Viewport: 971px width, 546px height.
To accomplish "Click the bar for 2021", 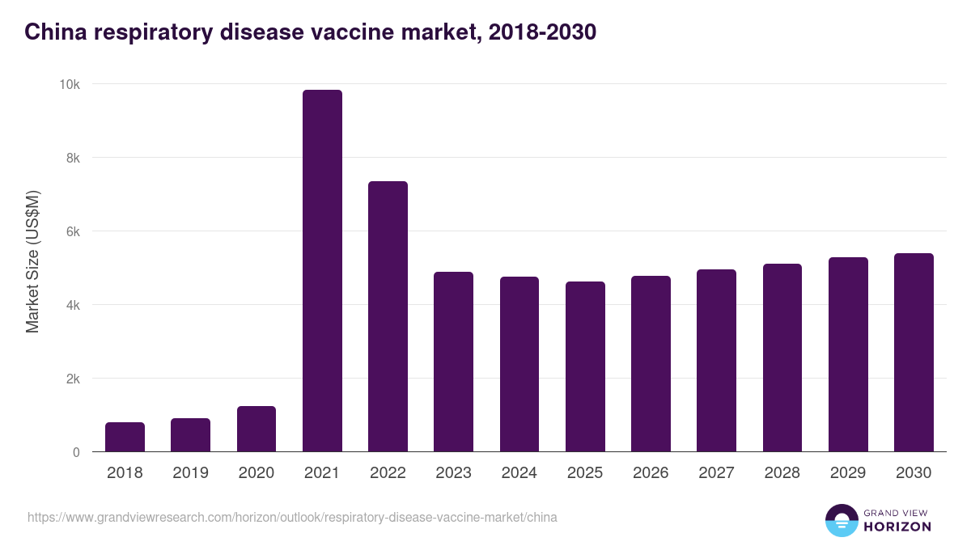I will tap(322, 271).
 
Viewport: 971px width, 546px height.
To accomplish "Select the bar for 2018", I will tap(125, 437).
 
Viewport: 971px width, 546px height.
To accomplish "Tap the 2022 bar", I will tap(388, 316).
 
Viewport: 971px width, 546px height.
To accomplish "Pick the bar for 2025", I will tap(585, 366).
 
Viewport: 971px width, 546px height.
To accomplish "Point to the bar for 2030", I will tap(914, 353).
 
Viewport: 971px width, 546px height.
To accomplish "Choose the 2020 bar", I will tap(257, 429).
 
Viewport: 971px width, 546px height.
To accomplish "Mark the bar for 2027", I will tap(716, 361).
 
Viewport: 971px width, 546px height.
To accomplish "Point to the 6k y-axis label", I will tap(73, 231).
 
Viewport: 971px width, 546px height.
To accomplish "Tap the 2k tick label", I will tap(73, 379).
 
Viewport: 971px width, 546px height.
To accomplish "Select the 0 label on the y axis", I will tap(76, 452).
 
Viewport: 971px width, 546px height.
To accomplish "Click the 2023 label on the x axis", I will tap(453, 473).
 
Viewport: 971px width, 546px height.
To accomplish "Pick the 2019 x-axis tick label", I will tap(191, 473).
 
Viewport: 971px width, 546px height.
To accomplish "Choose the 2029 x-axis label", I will tap(848, 473).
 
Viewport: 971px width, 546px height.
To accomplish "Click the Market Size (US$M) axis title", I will tap(32, 260).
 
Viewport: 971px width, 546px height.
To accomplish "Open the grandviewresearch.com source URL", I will tap(292, 517).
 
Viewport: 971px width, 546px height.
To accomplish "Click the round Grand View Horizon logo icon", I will tap(842, 520).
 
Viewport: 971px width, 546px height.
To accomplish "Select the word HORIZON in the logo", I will tap(897, 527).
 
